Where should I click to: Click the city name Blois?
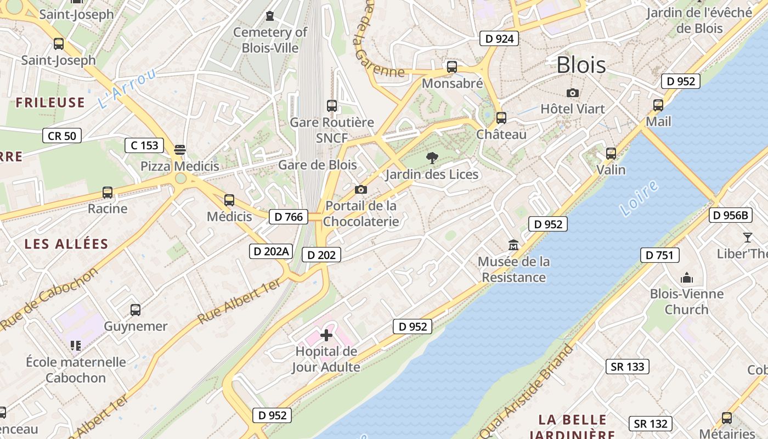pos(581,65)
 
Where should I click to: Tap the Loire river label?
pos(639,198)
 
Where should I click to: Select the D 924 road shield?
pos(499,38)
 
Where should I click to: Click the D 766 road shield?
pos(289,217)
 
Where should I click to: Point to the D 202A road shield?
pos(270,251)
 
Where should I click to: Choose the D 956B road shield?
pos(731,215)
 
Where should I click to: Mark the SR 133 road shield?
pos(628,367)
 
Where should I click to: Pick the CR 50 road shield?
pos(62,136)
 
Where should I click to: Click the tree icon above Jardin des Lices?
pos(432,159)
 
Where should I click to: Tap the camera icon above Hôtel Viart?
pos(573,93)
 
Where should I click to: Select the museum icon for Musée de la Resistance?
pos(513,245)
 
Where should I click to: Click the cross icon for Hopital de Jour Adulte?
pos(326,335)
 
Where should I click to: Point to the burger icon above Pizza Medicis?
pos(179,150)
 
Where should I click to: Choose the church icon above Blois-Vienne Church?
pos(686,278)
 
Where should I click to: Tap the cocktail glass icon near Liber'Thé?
pos(747,238)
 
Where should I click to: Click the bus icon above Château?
pos(501,118)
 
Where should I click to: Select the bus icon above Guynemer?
pos(135,310)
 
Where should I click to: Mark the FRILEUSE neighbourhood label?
pos(50,103)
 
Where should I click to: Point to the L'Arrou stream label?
pos(127,88)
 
